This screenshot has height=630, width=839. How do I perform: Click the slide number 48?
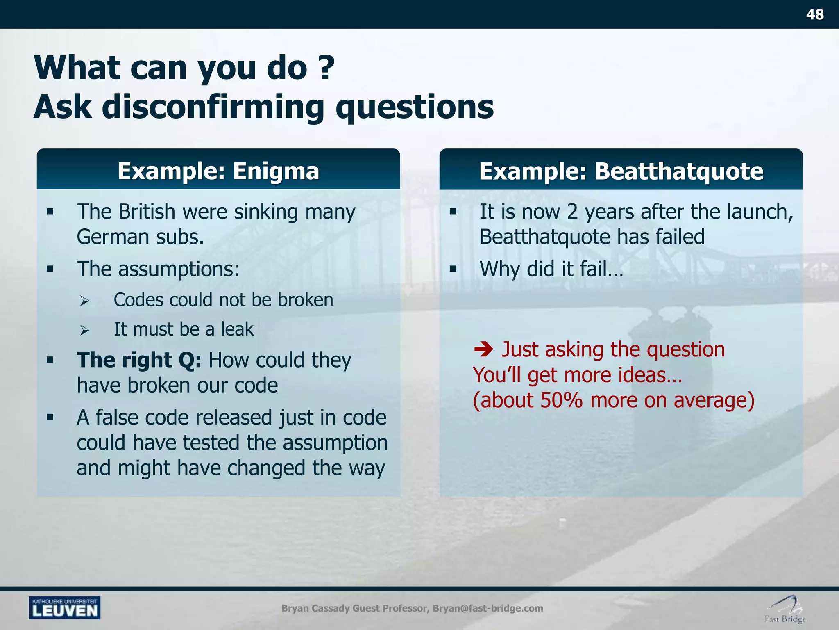(814, 15)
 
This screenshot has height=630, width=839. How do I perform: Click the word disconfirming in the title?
(213, 107)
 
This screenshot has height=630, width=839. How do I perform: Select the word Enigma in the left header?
(276, 171)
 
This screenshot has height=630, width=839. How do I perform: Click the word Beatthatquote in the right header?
(678, 171)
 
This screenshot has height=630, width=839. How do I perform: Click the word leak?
(237, 329)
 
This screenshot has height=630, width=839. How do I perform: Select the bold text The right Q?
(139, 360)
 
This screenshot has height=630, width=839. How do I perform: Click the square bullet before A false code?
(50, 418)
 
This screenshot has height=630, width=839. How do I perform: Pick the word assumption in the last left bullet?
(335, 443)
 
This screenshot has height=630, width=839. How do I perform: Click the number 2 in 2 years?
(572, 212)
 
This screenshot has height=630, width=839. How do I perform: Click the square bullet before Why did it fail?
(453, 269)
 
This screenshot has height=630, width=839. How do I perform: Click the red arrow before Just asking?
(484, 349)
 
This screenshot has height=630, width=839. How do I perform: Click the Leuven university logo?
(65, 608)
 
